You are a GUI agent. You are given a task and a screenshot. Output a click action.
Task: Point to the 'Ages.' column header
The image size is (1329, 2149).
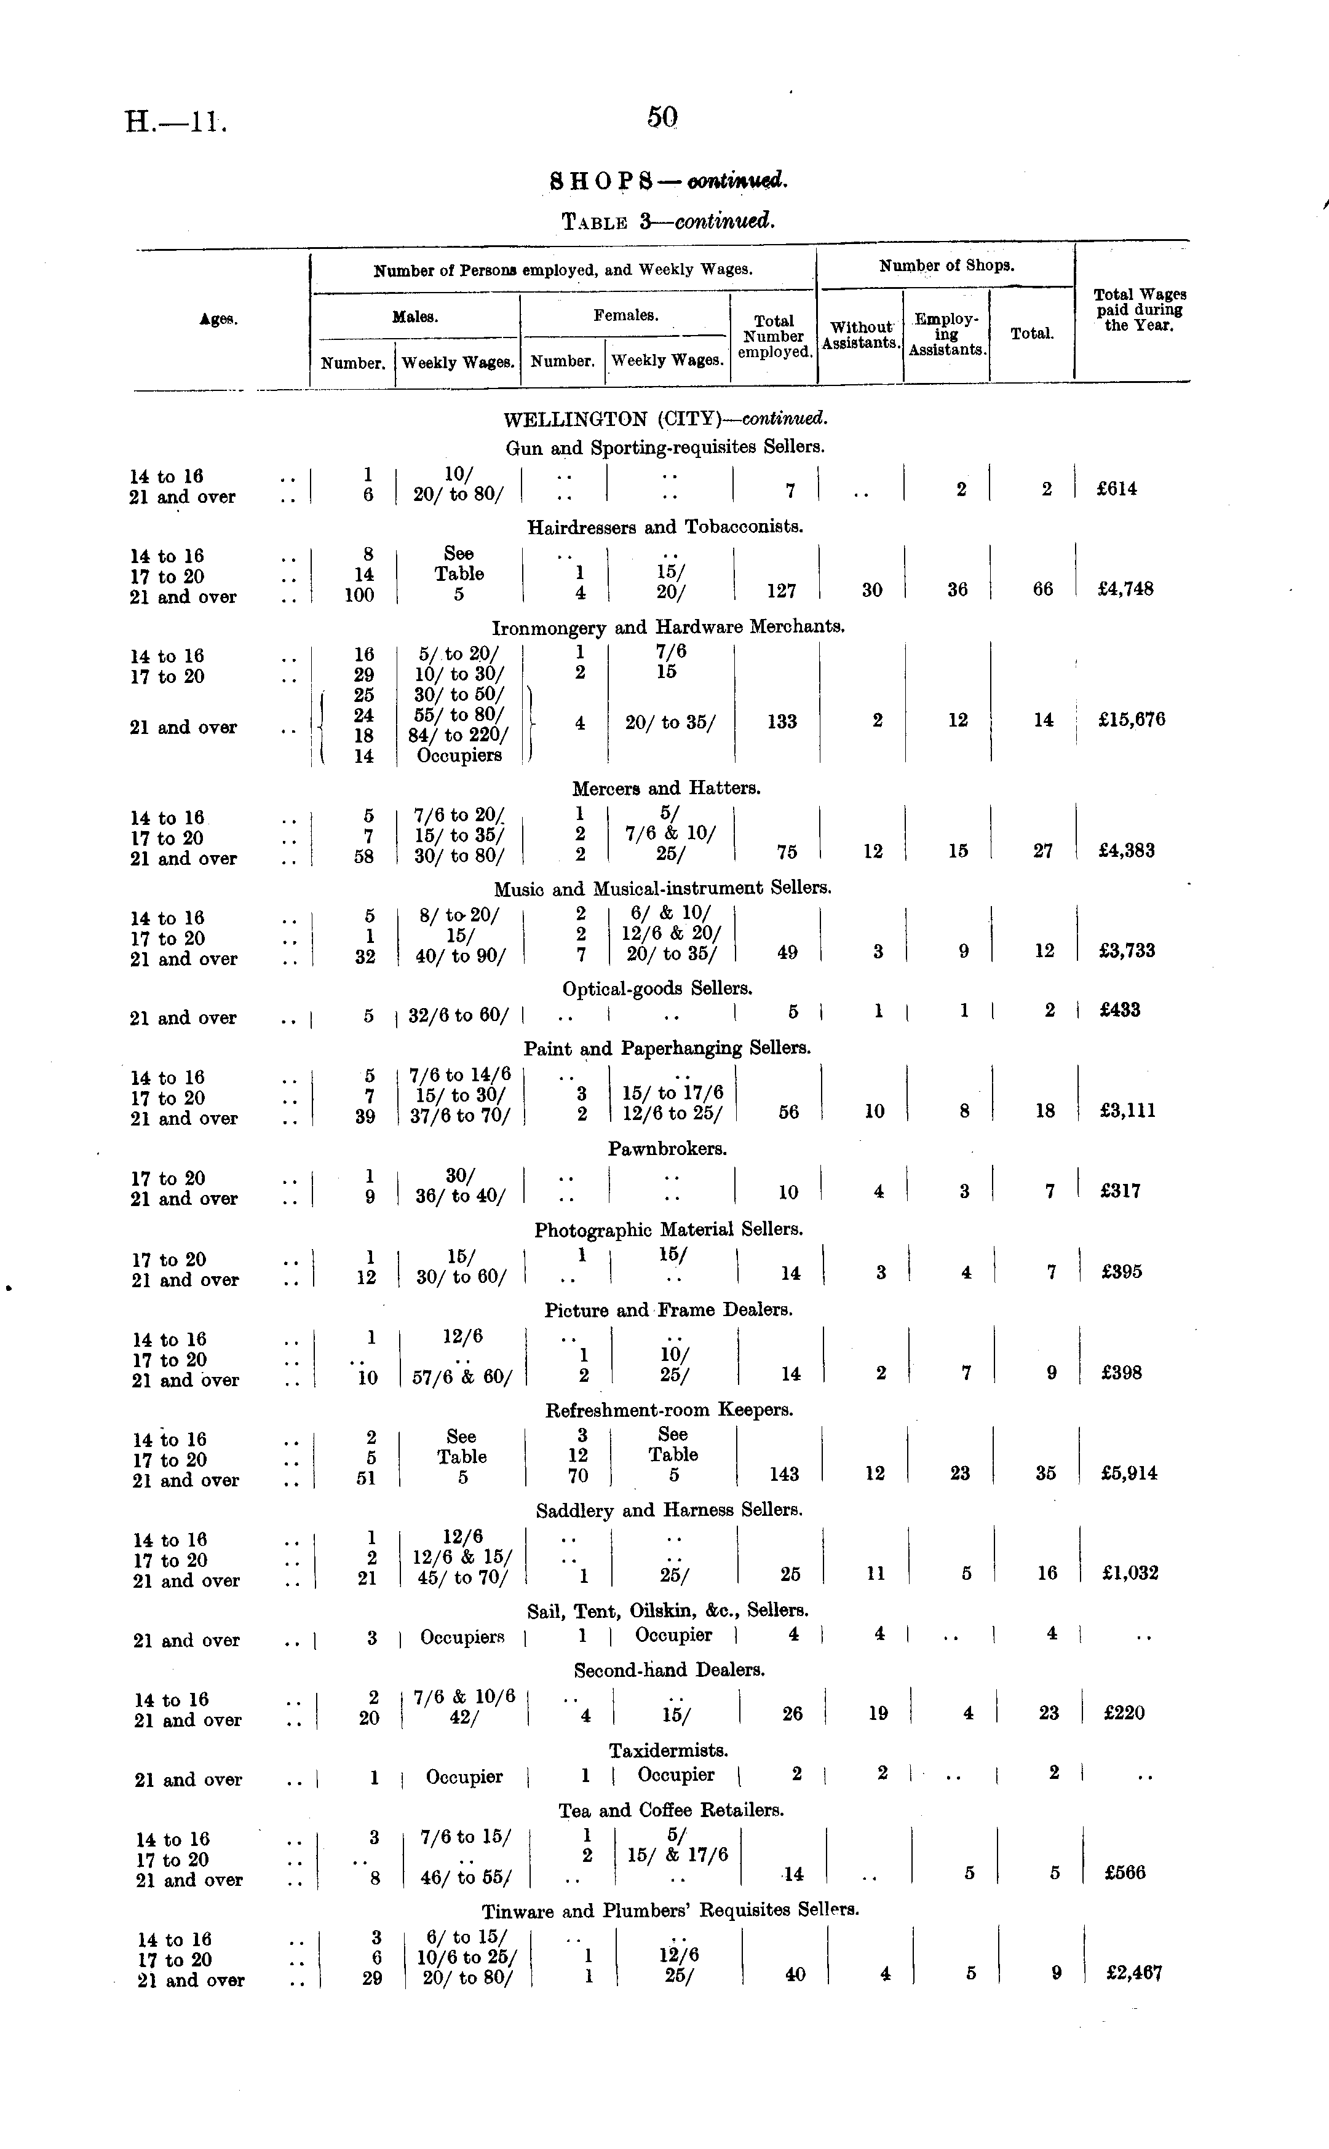point(217,320)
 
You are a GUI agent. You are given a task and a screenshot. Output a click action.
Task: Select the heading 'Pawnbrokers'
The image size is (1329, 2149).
point(667,1148)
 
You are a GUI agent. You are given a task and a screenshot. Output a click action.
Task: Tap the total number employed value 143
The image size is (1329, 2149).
point(783,1473)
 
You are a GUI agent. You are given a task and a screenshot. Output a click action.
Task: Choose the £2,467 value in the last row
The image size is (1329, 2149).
point(1134,1973)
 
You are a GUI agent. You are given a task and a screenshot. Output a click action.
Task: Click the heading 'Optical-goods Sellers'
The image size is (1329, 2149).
point(657,988)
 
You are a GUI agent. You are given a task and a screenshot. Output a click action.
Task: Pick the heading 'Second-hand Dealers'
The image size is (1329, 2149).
point(669,1670)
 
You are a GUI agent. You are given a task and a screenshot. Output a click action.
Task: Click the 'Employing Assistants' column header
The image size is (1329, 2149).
point(946,335)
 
